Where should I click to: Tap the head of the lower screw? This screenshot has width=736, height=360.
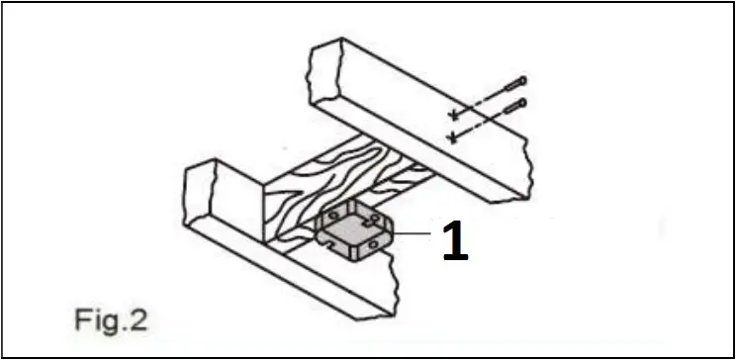point(521,102)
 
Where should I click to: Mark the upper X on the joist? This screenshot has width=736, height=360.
point(453,112)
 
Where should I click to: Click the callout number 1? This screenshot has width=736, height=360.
point(455,242)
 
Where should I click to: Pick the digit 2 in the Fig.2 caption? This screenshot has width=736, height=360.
point(140,320)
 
